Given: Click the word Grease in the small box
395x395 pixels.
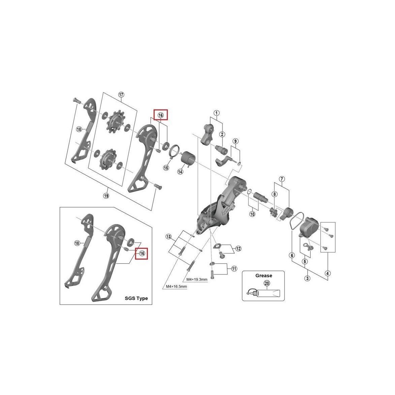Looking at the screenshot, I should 263,275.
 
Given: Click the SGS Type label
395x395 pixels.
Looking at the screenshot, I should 136,298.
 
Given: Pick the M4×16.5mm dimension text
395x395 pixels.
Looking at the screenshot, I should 176,287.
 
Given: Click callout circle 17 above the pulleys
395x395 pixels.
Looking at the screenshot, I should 121,95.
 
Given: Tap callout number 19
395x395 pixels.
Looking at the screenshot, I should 106,196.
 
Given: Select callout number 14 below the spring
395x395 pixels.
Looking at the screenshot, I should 180,172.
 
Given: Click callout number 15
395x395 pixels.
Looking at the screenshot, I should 166,167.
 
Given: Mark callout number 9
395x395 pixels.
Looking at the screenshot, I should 235,141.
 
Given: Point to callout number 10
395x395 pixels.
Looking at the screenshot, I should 253,214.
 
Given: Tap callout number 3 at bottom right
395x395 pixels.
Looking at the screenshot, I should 307,278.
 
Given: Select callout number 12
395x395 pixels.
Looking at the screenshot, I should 238,249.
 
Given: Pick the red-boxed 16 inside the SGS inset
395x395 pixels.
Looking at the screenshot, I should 142,253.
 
